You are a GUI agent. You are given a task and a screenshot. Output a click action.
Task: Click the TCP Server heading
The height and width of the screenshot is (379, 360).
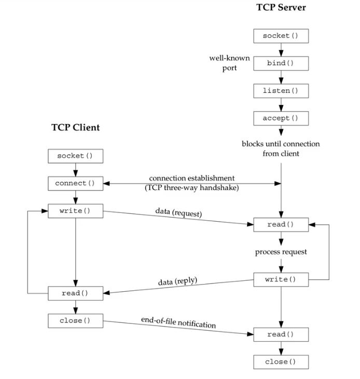[x=281, y=8]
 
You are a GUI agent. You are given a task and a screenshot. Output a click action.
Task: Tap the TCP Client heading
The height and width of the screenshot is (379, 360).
[x=75, y=127]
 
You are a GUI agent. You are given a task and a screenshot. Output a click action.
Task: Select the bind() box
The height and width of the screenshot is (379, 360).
[x=281, y=63]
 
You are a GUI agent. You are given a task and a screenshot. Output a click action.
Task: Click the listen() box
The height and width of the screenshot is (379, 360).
[x=281, y=90]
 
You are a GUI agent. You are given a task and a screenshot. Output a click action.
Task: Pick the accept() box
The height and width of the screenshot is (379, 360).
[x=281, y=117]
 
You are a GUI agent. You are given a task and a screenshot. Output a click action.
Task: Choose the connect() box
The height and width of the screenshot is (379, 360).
[x=75, y=183]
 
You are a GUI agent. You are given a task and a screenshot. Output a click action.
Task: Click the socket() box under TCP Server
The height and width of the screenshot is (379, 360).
[x=281, y=36]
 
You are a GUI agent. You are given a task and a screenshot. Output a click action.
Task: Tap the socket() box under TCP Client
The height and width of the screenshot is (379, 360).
[x=75, y=156]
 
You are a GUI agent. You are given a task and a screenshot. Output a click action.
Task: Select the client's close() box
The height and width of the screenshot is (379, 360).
[x=75, y=320]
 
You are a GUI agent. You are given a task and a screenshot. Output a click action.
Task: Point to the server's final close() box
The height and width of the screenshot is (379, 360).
[x=281, y=361]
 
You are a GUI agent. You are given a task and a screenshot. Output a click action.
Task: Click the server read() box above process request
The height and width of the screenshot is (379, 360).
[x=281, y=225]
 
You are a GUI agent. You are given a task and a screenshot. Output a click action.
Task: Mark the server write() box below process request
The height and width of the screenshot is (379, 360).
[x=281, y=279]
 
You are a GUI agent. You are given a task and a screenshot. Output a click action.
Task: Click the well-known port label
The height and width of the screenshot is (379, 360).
[x=229, y=63]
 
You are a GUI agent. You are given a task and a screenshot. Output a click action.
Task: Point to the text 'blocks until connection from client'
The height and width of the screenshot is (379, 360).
[x=281, y=148]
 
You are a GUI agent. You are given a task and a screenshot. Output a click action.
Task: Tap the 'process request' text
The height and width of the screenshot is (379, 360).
[x=281, y=252]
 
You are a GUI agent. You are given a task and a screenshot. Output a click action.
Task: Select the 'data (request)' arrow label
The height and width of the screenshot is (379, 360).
[x=178, y=213]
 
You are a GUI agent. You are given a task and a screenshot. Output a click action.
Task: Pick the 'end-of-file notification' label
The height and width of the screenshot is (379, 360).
[x=178, y=322]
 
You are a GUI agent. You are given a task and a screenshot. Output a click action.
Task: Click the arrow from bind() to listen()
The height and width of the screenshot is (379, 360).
[x=281, y=77]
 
